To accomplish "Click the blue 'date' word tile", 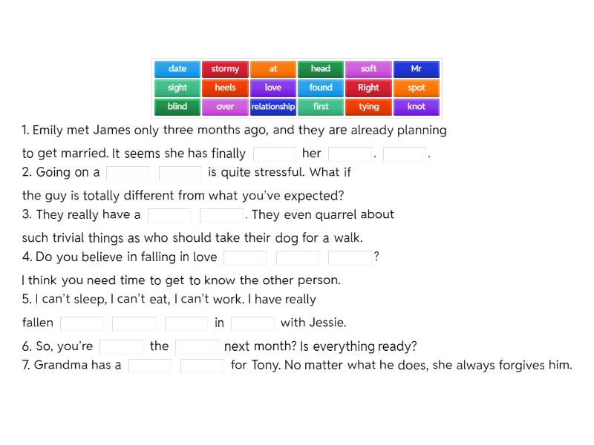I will (177, 69).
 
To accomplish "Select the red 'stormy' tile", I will (225, 69).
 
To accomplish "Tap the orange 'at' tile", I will (273, 69).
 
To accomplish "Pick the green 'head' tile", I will (321, 69).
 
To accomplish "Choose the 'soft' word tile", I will (369, 69).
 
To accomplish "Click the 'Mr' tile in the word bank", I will (417, 69).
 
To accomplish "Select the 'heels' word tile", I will (225, 88).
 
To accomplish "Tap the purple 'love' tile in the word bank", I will (273, 88).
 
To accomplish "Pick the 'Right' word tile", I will (369, 88).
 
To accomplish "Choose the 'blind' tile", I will (177, 107).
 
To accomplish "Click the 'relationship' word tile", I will (273, 107).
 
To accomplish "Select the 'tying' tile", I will (369, 107).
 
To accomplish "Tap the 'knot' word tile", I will (417, 107).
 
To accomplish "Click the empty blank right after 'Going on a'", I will (128, 173).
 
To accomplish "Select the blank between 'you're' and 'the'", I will (121, 346).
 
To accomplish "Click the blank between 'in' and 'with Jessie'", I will (252, 323).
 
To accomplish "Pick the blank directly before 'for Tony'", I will (202, 366).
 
